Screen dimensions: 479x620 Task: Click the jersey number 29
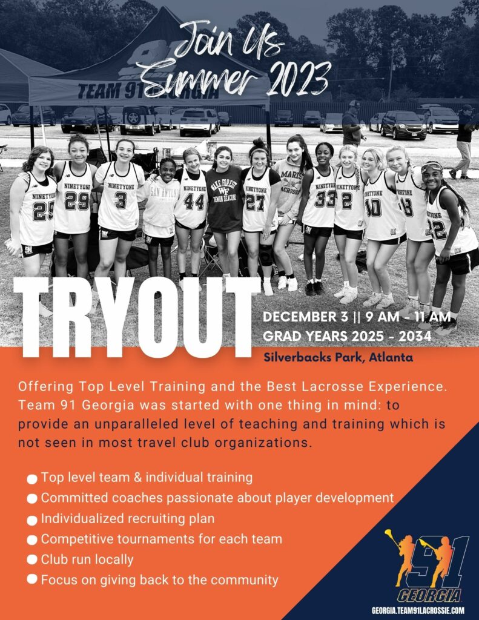click(x=77, y=200)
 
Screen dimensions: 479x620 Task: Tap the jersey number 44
click(x=194, y=202)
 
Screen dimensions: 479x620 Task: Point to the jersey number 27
click(x=255, y=202)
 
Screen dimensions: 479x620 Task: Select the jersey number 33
click(x=325, y=199)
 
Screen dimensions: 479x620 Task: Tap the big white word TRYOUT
click(x=137, y=317)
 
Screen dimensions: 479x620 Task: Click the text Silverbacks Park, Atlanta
click(x=338, y=357)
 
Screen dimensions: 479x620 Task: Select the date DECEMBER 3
click(x=306, y=317)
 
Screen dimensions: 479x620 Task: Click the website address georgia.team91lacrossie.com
click(x=418, y=611)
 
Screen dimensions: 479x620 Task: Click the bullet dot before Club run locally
click(x=32, y=560)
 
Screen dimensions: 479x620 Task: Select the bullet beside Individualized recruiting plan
click(x=32, y=519)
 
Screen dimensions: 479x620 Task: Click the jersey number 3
click(x=121, y=200)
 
